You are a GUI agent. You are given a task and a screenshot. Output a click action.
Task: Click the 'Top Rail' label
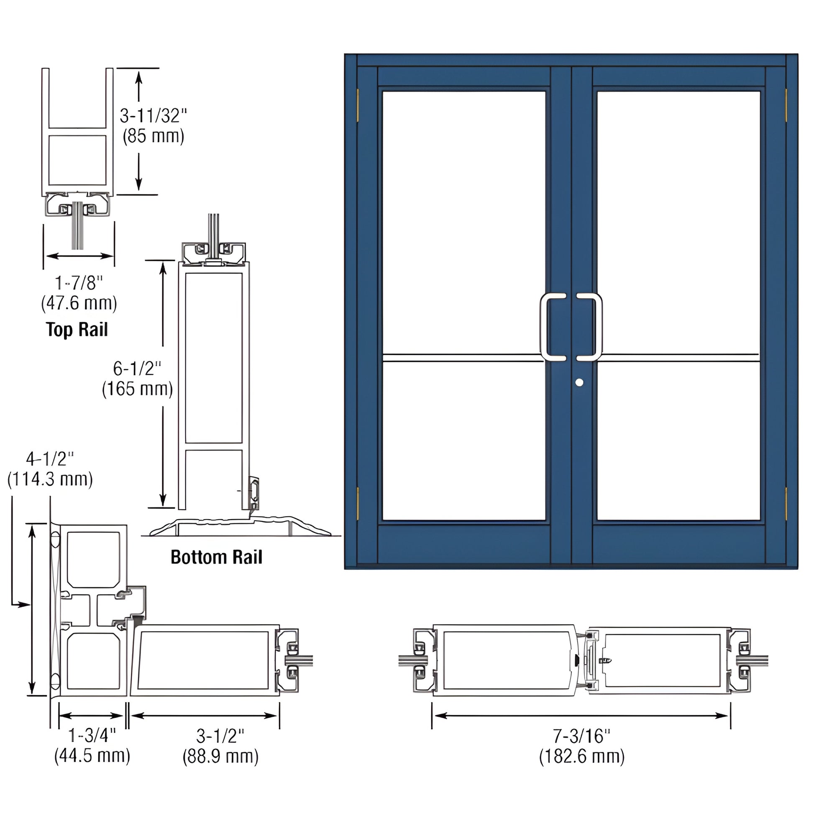pos(77,330)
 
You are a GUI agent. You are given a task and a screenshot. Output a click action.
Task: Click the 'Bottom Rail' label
pos(216,557)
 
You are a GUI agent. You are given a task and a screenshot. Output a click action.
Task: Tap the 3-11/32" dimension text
pos(153,115)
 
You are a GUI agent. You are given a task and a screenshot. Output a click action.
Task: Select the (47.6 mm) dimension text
pos(79,303)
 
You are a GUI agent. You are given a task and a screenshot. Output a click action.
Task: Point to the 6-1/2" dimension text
pos(137,369)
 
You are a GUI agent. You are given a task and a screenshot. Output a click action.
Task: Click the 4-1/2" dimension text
pos(50,459)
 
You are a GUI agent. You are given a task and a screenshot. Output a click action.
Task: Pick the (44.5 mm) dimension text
pos(92,755)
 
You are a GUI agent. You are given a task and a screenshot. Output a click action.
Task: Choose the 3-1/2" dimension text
pos(220,736)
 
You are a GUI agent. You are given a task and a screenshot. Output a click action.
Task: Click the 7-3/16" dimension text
pos(581,736)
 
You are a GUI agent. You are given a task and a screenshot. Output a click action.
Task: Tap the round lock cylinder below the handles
pos(579,383)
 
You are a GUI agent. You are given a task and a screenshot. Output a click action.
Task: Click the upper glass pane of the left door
pos(463,221)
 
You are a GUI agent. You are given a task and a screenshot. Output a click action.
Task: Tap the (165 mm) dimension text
pos(137,389)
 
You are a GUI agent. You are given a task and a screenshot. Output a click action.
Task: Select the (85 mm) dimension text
pos(154,136)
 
